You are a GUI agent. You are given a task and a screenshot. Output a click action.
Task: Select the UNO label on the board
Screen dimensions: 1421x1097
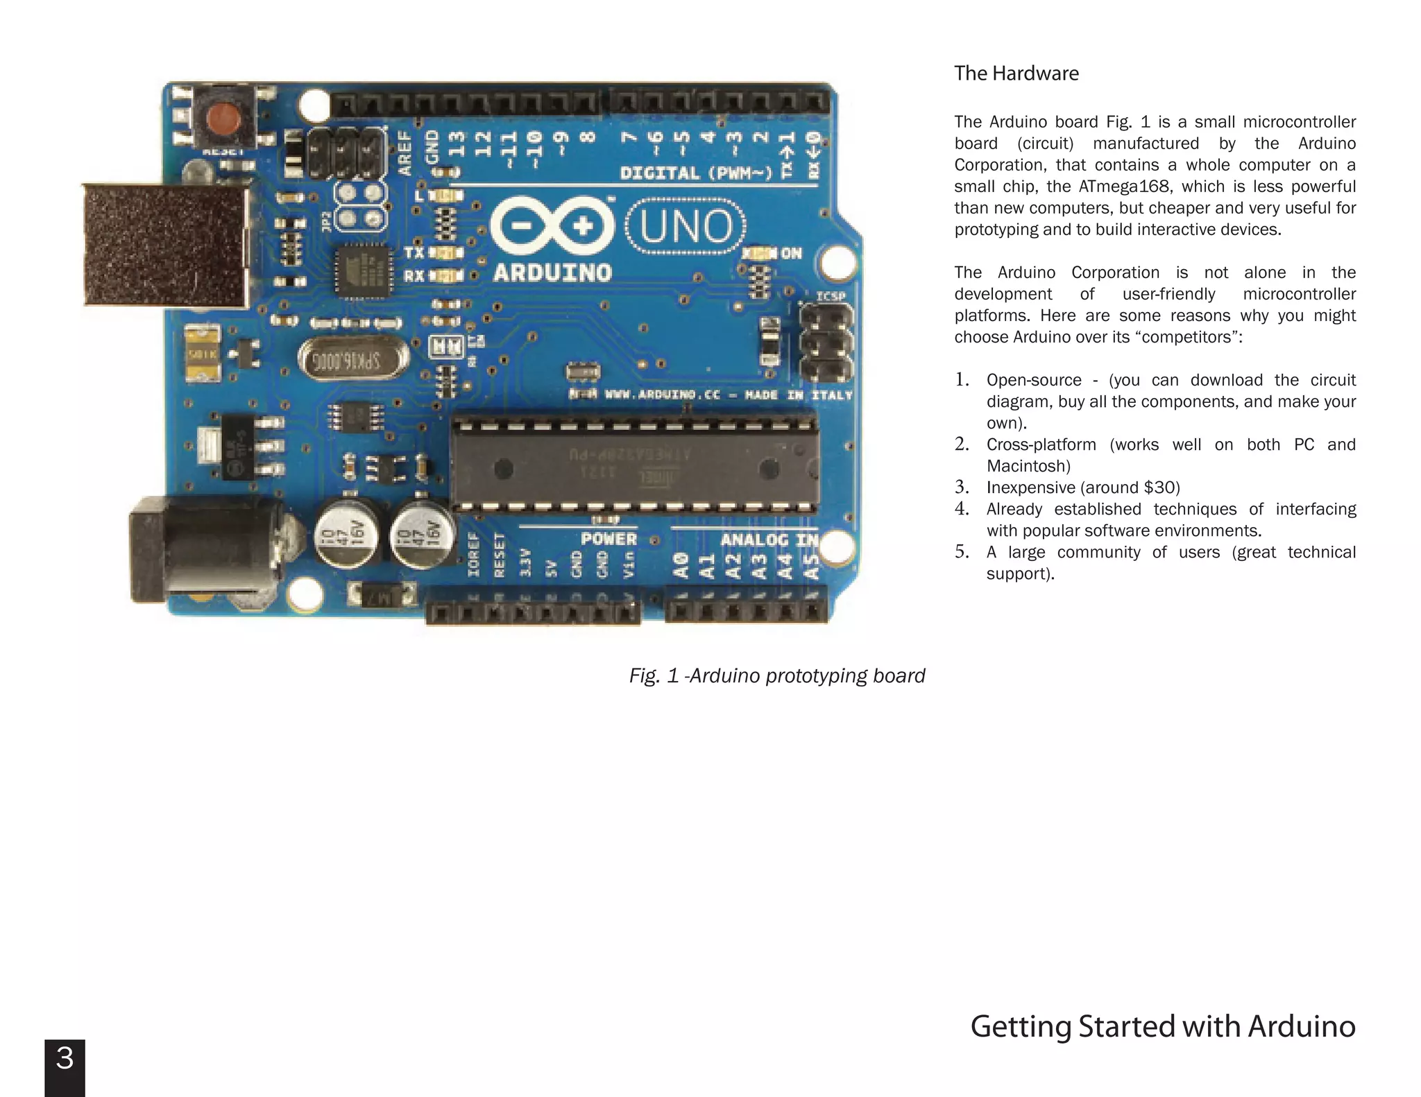(x=686, y=227)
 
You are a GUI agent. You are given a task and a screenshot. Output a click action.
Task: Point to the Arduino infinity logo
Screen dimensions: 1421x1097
(x=552, y=226)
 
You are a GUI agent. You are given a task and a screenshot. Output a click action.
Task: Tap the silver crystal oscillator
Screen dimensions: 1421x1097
(x=353, y=359)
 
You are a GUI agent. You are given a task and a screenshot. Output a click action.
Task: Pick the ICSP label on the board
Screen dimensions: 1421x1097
(x=831, y=297)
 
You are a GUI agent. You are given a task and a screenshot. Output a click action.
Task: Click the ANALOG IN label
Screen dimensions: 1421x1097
(x=769, y=539)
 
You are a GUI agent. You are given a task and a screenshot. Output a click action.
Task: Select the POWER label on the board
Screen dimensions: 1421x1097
(x=609, y=539)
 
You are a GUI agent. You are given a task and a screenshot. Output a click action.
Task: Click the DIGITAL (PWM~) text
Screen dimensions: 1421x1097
(x=696, y=173)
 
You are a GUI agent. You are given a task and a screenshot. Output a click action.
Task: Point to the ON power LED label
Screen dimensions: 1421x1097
(x=791, y=254)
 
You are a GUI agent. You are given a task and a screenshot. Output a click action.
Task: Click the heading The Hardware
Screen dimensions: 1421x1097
(x=1016, y=74)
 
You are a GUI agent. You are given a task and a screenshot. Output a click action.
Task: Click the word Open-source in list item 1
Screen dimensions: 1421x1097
(x=1033, y=380)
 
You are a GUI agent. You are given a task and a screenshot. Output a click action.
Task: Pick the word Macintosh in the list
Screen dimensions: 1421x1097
(x=1028, y=466)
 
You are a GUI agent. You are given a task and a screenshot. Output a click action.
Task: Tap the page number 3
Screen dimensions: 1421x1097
(x=65, y=1058)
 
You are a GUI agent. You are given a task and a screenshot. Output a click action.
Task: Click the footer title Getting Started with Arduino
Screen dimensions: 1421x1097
(x=1162, y=1026)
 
